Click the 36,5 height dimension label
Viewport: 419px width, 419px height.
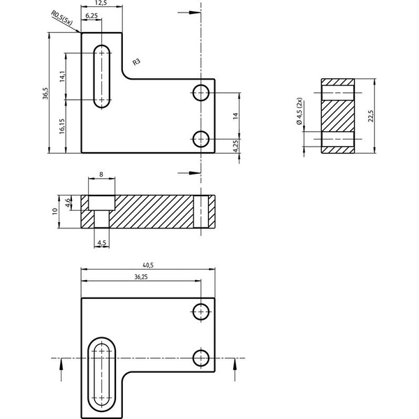click(45, 93)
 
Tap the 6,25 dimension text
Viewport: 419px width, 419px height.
click(91, 16)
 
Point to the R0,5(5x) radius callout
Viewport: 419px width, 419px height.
click(61, 18)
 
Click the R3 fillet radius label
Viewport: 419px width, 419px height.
click(136, 62)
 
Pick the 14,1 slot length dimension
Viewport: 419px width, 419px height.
click(62, 76)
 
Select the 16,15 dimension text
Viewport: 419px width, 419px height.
click(62, 126)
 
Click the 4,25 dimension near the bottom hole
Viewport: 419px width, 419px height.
click(236, 146)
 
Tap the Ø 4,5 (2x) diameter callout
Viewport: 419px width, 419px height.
click(300, 111)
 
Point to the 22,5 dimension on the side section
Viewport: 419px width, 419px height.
click(371, 116)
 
